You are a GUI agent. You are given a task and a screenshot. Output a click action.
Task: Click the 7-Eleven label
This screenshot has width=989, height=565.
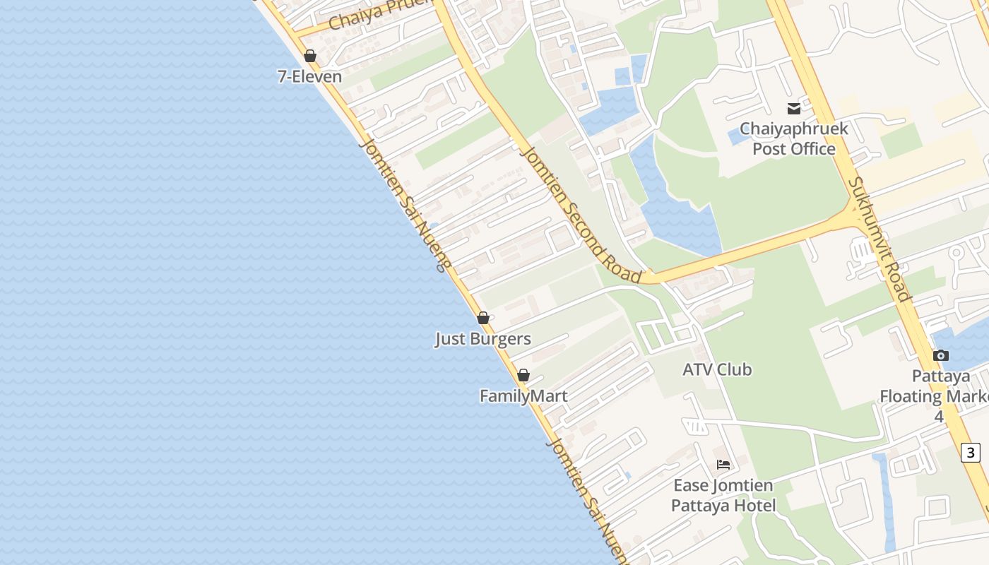pyautogui.click(x=309, y=76)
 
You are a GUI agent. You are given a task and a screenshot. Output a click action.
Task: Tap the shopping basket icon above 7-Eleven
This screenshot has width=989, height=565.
pyautogui.click(x=310, y=56)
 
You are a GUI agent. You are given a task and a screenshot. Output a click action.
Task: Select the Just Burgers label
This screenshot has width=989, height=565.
pyautogui.click(x=482, y=339)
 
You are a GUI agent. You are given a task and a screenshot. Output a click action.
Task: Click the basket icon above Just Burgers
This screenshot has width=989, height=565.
pyautogui.click(x=483, y=319)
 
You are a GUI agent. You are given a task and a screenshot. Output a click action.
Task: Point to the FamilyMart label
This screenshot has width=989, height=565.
pyautogui.click(x=523, y=396)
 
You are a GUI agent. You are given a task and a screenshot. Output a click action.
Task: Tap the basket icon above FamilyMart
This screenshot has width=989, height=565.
pyautogui.click(x=523, y=375)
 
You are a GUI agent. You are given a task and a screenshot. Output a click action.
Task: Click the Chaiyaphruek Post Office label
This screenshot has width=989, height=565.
pyautogui.click(x=794, y=139)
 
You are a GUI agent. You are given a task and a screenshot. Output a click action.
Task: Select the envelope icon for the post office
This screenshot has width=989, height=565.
pyautogui.click(x=794, y=109)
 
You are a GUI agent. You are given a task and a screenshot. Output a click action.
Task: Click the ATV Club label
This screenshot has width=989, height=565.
pyautogui.click(x=717, y=369)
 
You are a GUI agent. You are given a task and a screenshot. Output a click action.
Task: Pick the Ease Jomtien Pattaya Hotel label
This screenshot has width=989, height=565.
pyautogui.click(x=723, y=495)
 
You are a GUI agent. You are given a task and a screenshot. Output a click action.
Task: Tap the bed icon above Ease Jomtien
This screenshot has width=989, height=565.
pyautogui.click(x=723, y=465)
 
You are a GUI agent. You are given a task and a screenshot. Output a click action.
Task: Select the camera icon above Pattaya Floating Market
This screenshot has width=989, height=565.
pyautogui.click(x=940, y=355)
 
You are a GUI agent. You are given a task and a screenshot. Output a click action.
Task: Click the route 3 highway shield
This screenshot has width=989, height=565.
pyautogui.click(x=971, y=453)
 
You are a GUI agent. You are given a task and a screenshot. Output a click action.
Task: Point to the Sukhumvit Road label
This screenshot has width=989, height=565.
pyautogui.click(x=880, y=239)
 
